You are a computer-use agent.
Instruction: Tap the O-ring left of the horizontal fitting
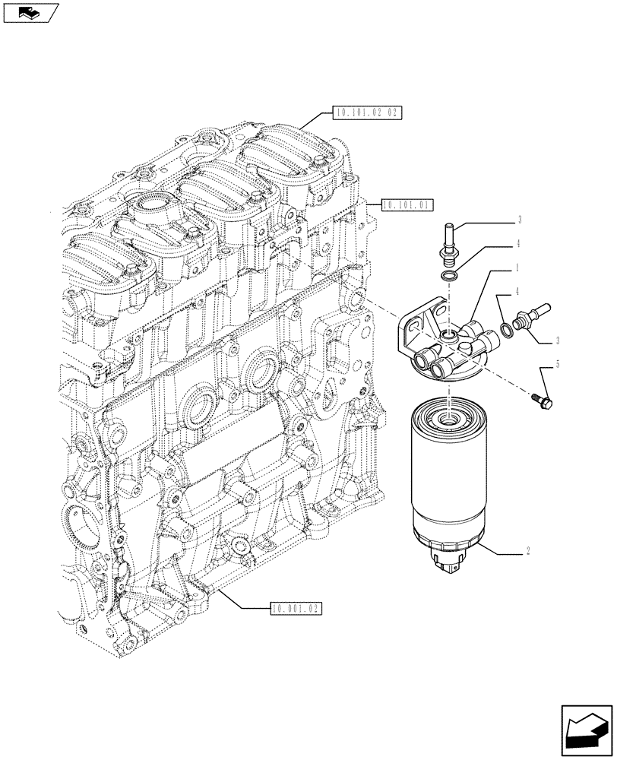pos(505,328)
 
